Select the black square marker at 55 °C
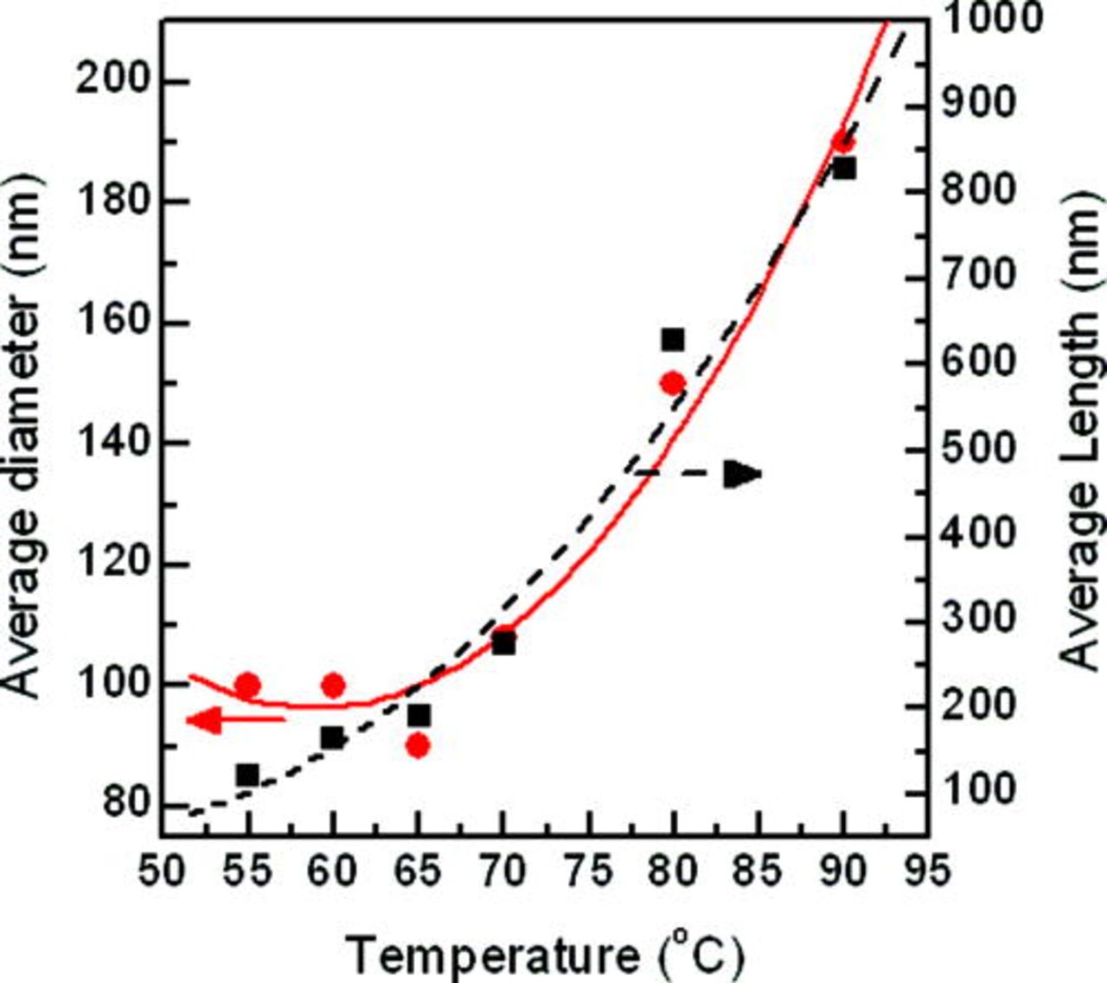(x=247, y=775)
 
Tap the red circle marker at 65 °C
(x=418, y=745)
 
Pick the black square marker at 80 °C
(x=673, y=340)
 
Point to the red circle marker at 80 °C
(x=672, y=383)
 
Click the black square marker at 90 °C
(x=844, y=169)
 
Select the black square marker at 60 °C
(x=332, y=737)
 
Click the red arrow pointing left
(x=234, y=719)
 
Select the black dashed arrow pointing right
(x=701, y=474)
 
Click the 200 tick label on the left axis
(x=112, y=81)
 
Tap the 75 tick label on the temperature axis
(x=588, y=871)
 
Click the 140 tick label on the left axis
(x=112, y=444)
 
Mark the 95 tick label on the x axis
(x=925, y=871)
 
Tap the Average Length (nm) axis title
(x=1081, y=432)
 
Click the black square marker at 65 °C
(x=419, y=716)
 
